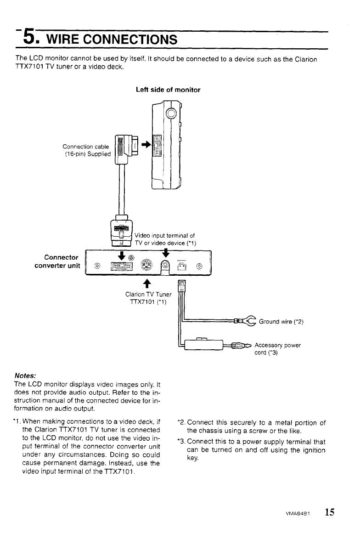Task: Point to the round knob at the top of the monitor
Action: [x=171, y=113]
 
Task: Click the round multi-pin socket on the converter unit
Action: [x=146, y=266]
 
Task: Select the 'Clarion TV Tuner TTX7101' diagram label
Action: [x=148, y=298]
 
